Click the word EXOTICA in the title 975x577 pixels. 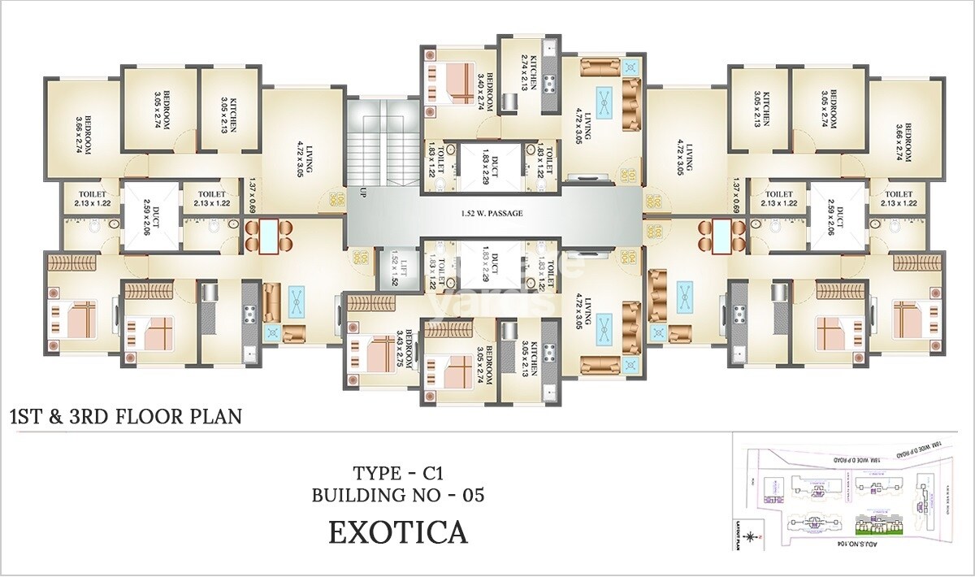pos(397,532)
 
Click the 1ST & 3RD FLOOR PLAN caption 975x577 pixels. pos(125,418)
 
